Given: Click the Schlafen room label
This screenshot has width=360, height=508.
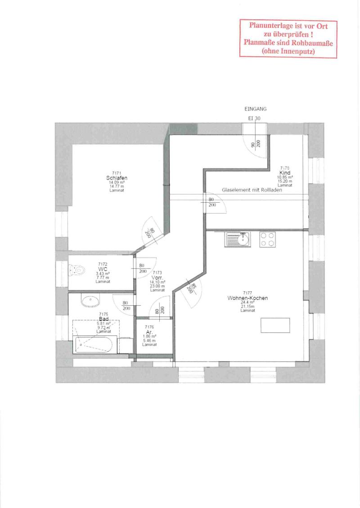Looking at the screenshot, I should (x=117, y=178).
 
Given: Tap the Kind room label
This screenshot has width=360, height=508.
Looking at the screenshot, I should (x=284, y=173).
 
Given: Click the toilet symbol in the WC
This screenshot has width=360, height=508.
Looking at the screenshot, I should (x=76, y=271).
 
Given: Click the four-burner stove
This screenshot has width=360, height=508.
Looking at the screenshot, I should (x=267, y=239).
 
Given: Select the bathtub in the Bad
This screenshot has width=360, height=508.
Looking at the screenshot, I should (x=95, y=344).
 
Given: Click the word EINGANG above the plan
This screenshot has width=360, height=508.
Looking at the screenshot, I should (x=256, y=109).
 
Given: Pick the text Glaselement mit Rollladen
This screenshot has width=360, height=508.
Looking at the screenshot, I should (x=252, y=190).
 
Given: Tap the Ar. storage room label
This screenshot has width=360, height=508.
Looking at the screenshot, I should (x=150, y=332).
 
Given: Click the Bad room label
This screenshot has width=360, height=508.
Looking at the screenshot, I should (x=103, y=319).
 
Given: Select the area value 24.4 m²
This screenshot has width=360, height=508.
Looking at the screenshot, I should (x=247, y=302).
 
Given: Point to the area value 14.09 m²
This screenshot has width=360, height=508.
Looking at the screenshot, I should (x=117, y=183).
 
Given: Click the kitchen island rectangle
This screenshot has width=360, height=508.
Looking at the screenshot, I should (x=275, y=324).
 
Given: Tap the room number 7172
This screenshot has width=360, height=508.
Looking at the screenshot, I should (x=103, y=264).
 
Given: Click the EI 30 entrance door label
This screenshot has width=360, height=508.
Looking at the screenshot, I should (x=254, y=118).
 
